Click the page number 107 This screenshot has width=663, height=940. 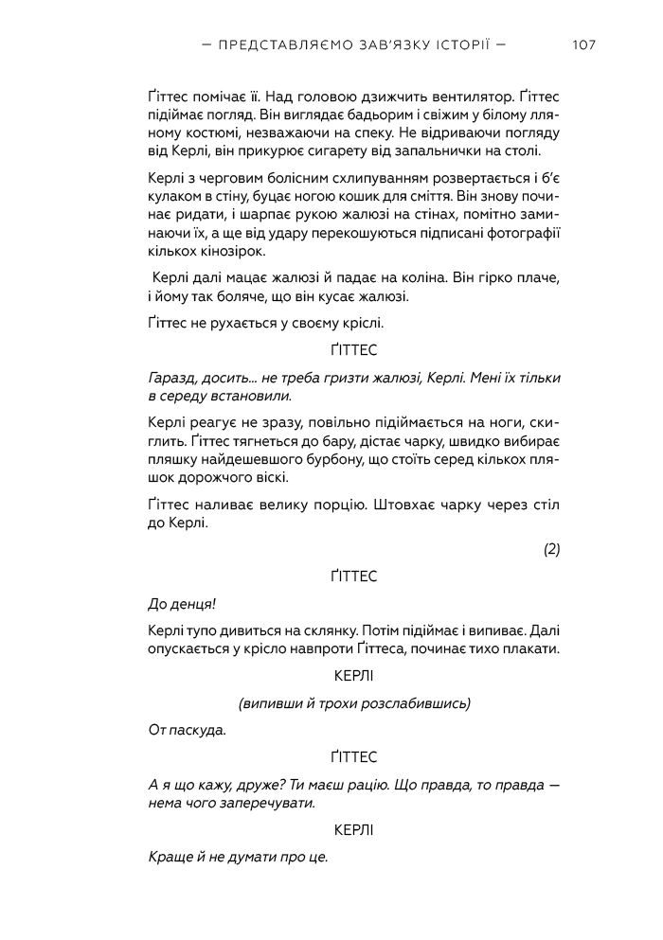coord(584,44)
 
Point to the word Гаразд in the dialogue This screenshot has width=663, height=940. coord(170,377)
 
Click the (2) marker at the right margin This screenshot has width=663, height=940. coord(551,548)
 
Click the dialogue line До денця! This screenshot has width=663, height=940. coord(176,603)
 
